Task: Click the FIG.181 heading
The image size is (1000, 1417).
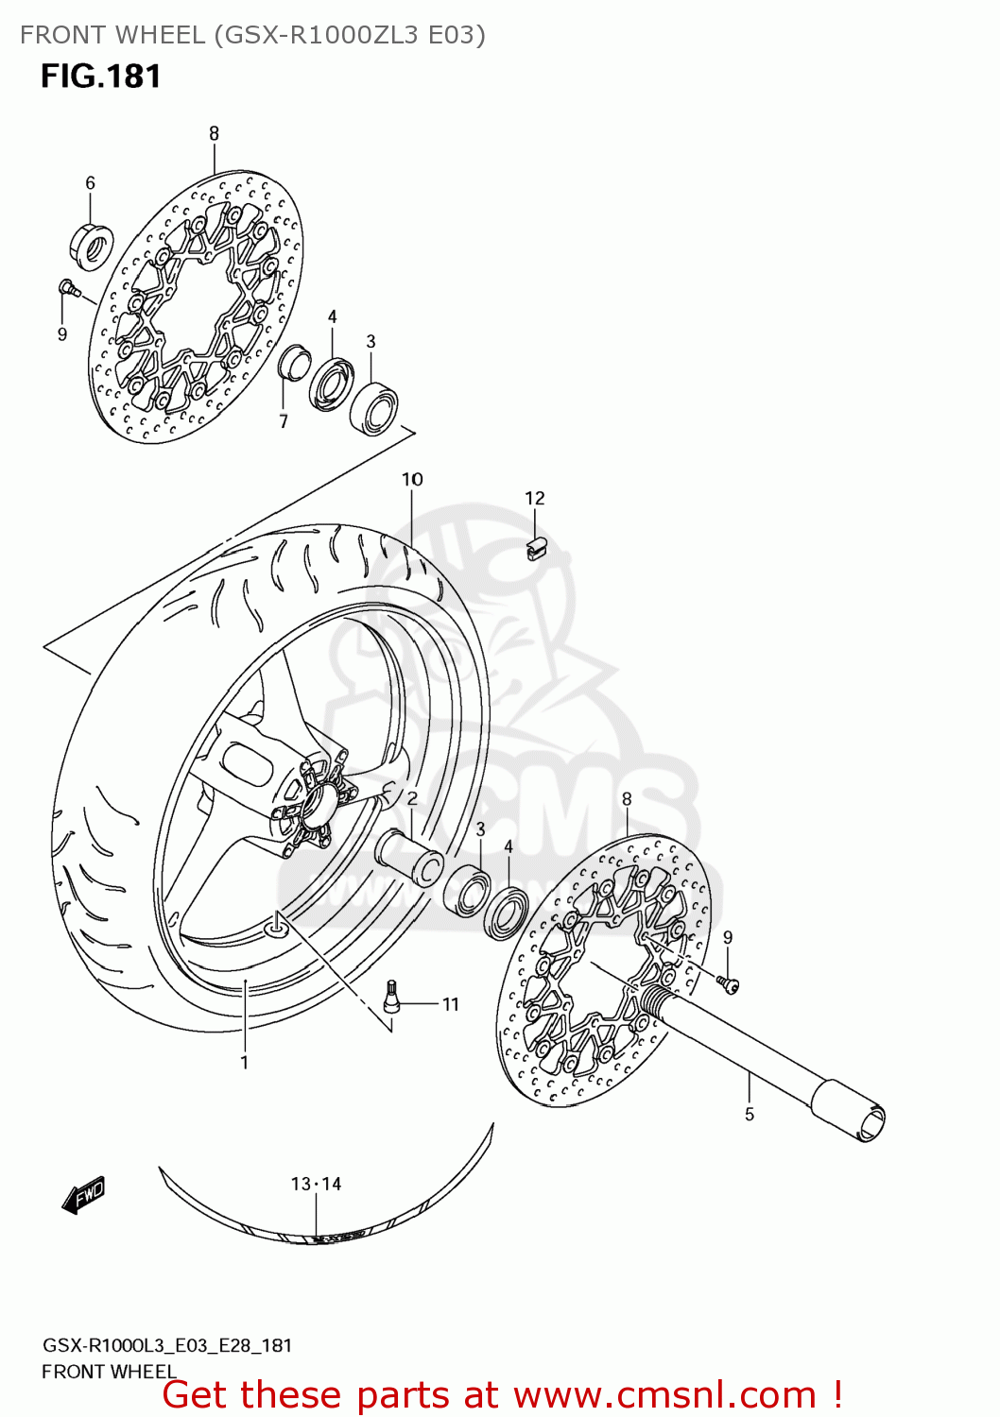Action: [100, 77]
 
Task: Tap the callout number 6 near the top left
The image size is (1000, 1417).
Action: [90, 182]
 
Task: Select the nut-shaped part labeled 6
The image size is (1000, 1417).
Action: [92, 245]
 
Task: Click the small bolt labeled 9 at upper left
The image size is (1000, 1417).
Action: [67, 287]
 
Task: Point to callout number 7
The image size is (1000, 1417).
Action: [283, 421]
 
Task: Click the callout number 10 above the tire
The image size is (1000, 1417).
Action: [412, 479]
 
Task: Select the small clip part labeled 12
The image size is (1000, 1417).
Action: [537, 548]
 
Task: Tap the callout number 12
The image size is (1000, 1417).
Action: [535, 498]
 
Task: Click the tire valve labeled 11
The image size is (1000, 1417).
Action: [391, 996]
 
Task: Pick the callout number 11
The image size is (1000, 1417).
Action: [451, 1004]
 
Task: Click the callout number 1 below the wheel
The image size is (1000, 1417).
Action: [244, 1062]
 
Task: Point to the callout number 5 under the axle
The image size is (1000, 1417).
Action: [750, 1115]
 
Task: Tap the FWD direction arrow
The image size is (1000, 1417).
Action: [83, 1195]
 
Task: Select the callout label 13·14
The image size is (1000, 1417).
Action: [316, 1184]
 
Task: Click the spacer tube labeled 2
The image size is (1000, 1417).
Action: [409, 856]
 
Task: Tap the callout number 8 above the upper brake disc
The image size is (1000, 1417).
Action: [214, 133]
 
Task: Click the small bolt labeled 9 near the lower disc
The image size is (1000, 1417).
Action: [729, 984]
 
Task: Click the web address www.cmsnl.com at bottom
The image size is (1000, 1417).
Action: [664, 1394]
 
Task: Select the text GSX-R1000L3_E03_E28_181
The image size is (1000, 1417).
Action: [167, 1345]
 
